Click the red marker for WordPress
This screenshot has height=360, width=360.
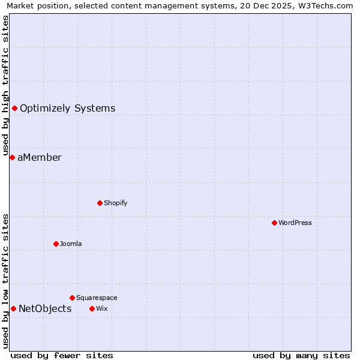pos(274,223)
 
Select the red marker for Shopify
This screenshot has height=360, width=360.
pos(100,203)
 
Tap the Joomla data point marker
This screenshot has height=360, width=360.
pos(56,244)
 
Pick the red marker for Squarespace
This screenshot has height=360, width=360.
pos(72,298)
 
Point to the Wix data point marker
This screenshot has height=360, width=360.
pos(92,308)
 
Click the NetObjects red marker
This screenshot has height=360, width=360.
pos(13,308)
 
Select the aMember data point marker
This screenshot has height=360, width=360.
pos(12,157)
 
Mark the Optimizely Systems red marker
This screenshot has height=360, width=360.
pos(14,108)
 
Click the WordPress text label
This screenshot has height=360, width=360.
pos(295,223)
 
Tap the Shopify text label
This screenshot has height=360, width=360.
pos(116,203)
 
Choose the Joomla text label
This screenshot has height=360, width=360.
pos(71,244)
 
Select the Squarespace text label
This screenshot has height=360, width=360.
pos(97,298)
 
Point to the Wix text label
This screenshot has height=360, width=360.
pos(101,308)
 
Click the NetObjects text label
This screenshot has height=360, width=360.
pos(45,309)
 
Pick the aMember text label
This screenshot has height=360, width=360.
pos(40,158)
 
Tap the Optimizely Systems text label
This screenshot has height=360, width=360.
pos(68,109)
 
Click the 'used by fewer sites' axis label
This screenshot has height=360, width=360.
pos(62,355)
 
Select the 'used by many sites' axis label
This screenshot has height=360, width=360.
pos(301,355)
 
